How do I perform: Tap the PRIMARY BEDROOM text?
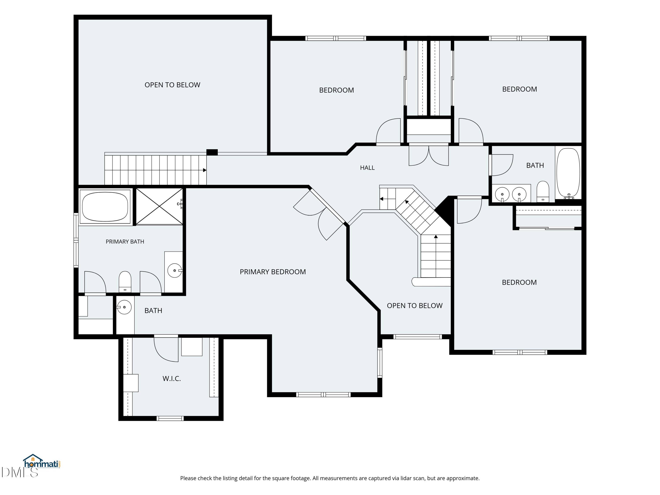pos(273,272)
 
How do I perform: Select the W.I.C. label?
pos(172,379)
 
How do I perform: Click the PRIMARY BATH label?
pos(125,242)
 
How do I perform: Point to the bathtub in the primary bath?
pos(105,207)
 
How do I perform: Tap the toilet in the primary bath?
pos(125,282)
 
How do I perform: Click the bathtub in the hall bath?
pos(568,173)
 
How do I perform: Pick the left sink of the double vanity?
pos(502,194)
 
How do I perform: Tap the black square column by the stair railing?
pos(212,152)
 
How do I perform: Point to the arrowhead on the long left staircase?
pos(205,170)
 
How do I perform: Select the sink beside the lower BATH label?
pos(124,307)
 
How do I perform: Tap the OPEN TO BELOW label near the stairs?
pos(414,306)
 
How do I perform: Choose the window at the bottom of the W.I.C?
pos(170,418)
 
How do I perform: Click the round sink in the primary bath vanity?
pos(174,271)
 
